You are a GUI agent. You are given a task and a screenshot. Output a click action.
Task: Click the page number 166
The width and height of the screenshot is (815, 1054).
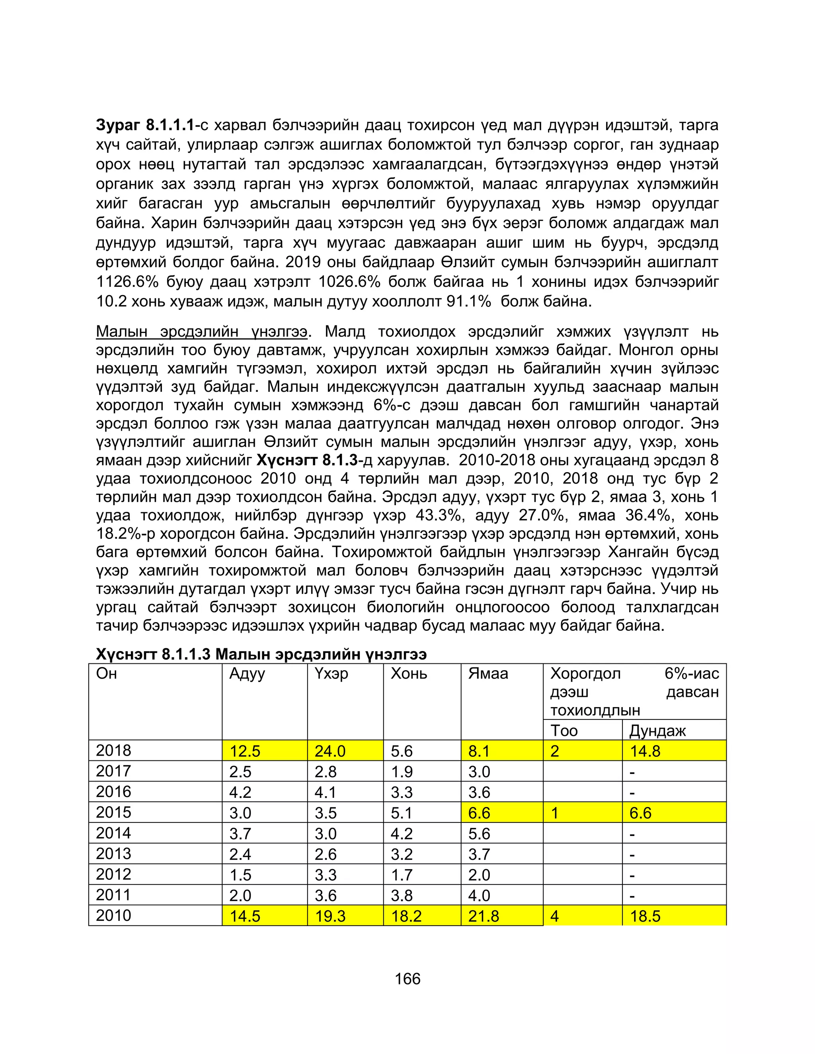[x=407, y=979]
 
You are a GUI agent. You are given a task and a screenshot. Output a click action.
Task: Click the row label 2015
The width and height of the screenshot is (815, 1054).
[x=113, y=812]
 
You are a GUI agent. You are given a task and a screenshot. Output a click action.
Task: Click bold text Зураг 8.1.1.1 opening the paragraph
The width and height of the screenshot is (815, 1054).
[x=145, y=125]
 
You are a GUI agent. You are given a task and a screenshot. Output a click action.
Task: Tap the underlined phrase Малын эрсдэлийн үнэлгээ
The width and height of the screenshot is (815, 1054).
[x=201, y=332]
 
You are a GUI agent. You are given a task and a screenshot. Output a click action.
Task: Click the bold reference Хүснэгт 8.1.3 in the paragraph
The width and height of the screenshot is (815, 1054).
[x=308, y=460]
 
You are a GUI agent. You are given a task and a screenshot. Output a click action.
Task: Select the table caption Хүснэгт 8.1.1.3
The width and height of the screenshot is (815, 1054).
[x=261, y=654]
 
